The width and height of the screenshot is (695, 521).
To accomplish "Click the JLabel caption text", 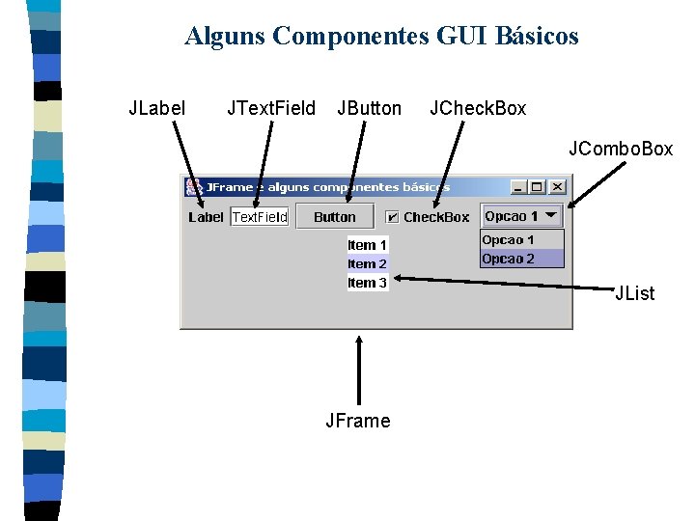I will (157, 108).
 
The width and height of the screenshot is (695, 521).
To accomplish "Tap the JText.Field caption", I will (270, 108).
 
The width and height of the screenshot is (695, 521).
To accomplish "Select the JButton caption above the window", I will (369, 108).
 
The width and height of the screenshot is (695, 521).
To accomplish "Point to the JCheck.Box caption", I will (478, 108).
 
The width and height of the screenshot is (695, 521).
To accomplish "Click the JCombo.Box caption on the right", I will (621, 149).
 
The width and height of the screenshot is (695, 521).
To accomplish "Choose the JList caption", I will (635, 293).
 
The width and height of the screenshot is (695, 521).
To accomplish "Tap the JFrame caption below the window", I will (358, 421).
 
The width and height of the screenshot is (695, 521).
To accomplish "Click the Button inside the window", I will (334, 217).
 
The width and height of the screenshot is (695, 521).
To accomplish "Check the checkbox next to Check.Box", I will (392, 217).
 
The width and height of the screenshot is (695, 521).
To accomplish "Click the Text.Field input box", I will (260, 217).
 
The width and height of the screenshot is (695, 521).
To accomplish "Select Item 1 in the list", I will (368, 245).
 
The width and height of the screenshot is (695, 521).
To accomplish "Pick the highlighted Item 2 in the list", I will (368, 263).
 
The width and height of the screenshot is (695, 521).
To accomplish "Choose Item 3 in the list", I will (368, 283).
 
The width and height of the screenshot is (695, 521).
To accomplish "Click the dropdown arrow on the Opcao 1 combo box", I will (552, 216).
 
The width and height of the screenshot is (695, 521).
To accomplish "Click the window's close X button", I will (557, 186).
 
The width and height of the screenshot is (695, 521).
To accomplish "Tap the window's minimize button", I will (519, 186).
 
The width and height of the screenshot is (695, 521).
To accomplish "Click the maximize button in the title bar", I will (538, 186).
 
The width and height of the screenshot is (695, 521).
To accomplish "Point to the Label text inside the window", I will (206, 217).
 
